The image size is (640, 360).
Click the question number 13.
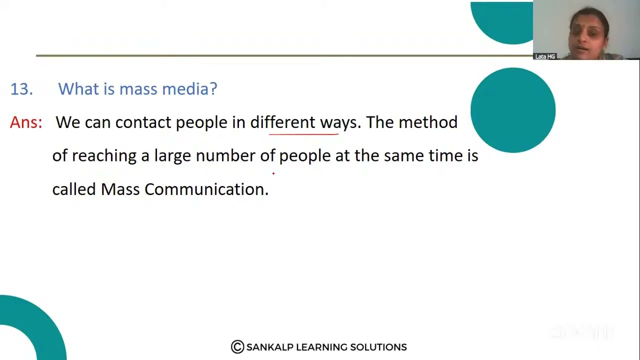(21, 89)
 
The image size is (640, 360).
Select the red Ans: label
(26, 122)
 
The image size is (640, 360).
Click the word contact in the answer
(143, 122)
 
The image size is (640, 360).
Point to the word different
(282, 122)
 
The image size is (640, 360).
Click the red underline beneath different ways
(303, 134)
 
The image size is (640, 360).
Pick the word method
(427, 122)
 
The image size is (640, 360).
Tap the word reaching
(104, 156)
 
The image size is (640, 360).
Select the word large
(172, 156)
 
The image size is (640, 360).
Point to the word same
(403, 156)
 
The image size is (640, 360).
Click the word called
(73, 189)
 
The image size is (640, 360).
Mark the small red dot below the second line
(273, 173)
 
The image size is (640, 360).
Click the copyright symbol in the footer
(237, 347)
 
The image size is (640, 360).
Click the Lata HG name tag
(545, 56)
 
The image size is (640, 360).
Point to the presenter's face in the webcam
(588, 33)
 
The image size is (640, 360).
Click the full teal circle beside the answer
(512, 110)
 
